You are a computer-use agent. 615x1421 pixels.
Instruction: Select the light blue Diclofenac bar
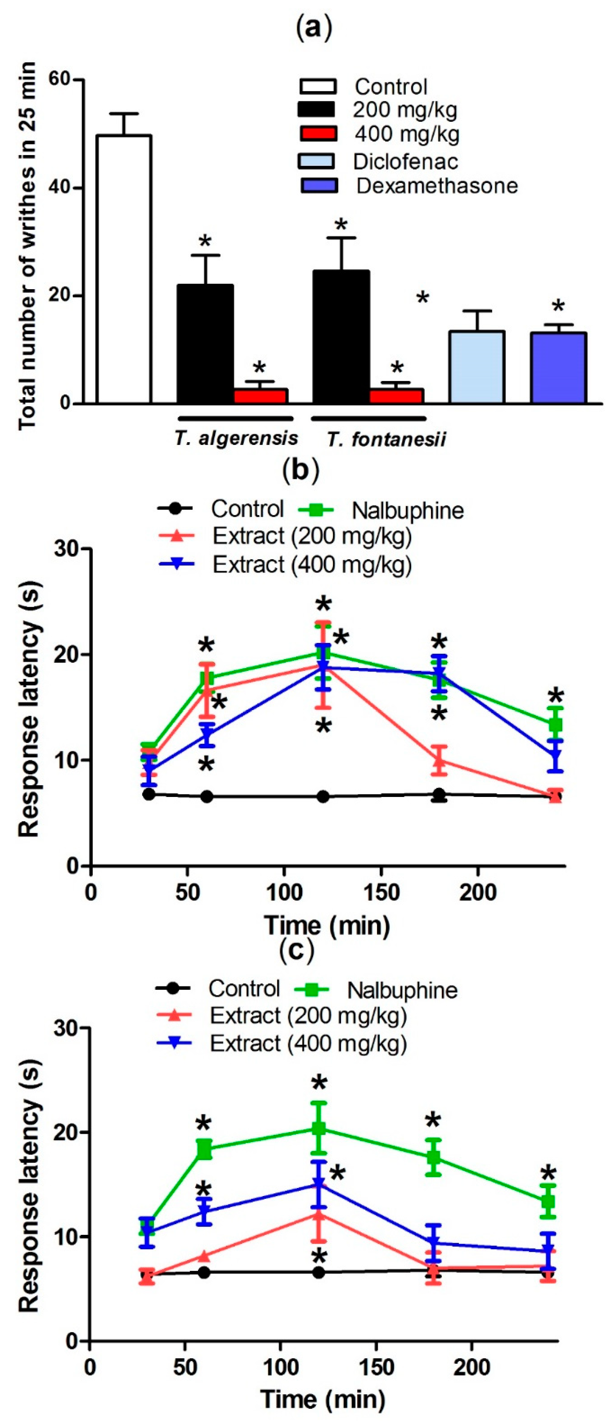click(477, 367)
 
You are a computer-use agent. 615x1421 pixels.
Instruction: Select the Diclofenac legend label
click(405, 162)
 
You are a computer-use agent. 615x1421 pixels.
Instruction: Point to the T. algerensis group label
click(236, 438)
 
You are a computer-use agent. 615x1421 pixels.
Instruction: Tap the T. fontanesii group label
click(386, 440)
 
